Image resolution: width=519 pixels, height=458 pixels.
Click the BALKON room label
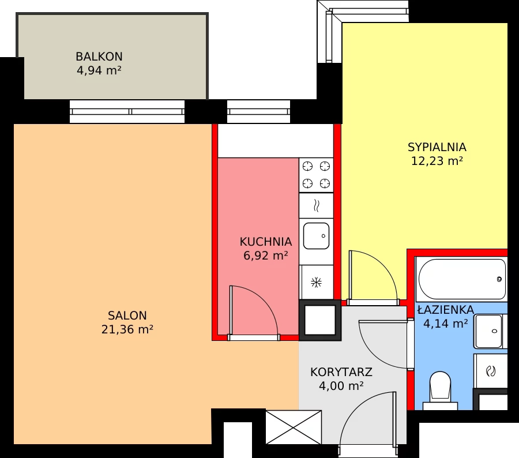tap(99, 57)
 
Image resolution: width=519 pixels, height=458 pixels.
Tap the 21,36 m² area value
tap(127, 329)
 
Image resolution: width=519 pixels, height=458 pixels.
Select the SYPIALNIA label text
tap(437, 147)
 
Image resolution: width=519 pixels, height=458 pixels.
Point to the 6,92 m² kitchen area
tap(265, 256)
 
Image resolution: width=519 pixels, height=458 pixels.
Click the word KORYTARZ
tap(341, 372)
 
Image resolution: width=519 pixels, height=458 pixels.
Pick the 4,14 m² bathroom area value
tap(445, 324)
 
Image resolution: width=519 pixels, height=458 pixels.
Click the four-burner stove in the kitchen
tap(316, 175)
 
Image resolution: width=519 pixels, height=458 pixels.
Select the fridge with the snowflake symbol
tap(316, 282)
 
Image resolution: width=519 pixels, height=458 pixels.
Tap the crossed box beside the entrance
tap(294, 427)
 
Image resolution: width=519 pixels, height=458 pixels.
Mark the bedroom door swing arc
tap(374, 275)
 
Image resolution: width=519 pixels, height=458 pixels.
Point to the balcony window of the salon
tap(127, 111)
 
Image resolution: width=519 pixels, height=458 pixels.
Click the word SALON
tap(127, 316)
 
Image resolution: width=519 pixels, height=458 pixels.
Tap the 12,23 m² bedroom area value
tap(437, 162)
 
